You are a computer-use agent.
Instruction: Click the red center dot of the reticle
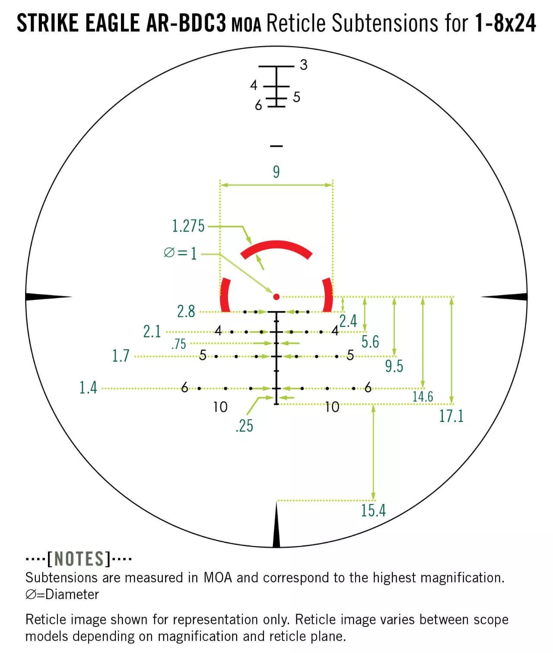click(276, 296)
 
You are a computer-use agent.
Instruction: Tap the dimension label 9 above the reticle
click(276, 172)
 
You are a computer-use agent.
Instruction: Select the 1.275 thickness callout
click(188, 226)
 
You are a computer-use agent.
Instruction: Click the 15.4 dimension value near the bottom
click(373, 510)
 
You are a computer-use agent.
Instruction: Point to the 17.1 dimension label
click(451, 416)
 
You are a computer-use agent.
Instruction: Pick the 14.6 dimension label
click(423, 396)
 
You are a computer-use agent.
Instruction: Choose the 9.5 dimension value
click(394, 366)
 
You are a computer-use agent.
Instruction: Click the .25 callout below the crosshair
click(244, 426)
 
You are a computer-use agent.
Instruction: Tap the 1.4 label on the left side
click(88, 388)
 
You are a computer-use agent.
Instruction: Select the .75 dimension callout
click(179, 344)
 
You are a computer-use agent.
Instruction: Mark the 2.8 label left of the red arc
click(186, 311)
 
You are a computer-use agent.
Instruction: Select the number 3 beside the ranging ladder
click(303, 65)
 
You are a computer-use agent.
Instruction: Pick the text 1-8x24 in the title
click(505, 23)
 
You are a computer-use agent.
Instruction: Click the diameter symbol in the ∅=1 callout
click(169, 253)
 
